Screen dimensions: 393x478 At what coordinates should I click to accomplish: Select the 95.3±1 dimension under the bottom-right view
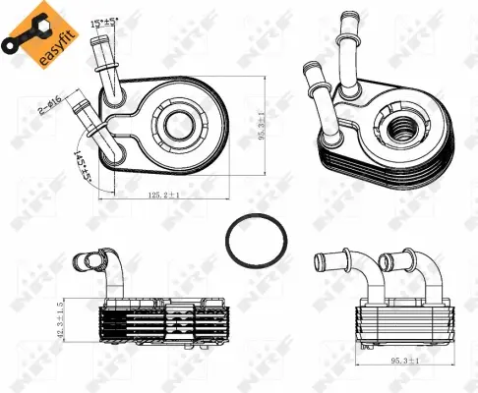point(402,362)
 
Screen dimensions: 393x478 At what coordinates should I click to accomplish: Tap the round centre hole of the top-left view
point(181,125)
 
